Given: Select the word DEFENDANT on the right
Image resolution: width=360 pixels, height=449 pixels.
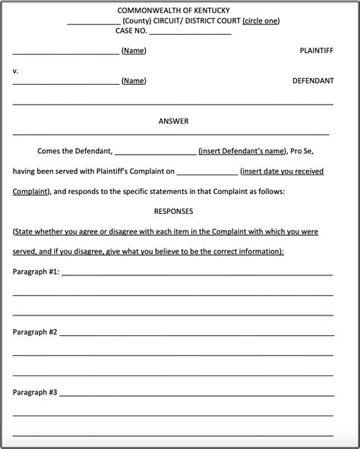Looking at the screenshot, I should pos(313,80).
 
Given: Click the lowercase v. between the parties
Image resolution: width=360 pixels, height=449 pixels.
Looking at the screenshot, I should pos(16,71).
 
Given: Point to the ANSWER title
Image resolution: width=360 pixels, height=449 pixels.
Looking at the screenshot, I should pos(173,121).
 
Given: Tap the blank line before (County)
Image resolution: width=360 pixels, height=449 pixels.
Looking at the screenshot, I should pos(93,22).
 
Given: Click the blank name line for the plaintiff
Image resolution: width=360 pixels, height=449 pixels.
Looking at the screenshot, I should pos(65,52).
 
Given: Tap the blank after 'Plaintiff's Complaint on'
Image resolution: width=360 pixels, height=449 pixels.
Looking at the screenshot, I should pos(207,173).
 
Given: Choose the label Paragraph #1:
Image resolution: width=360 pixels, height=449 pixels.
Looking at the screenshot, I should pos(36,271).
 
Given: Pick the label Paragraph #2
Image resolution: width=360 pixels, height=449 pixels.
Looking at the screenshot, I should pos(35,331).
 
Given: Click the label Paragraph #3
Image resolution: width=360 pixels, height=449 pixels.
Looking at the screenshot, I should pos(35,392).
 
